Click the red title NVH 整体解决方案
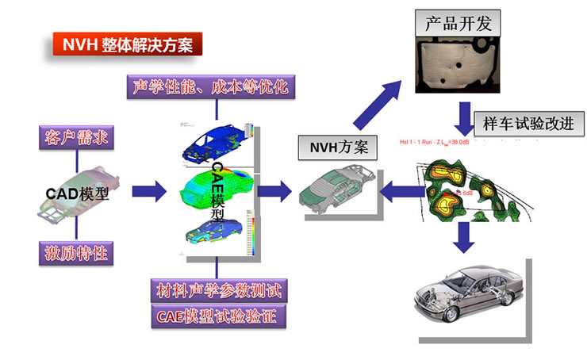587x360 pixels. click(x=128, y=42)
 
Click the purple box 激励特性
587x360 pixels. click(x=73, y=254)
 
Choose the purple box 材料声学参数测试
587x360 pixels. click(x=218, y=290)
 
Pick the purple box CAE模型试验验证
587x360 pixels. click(x=218, y=316)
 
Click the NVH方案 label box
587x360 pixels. click(x=332, y=147)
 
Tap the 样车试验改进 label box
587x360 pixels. click(x=528, y=124)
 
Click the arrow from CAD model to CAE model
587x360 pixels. click(x=148, y=190)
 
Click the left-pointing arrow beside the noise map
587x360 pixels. click(x=401, y=191)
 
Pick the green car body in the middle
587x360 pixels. click(x=214, y=189)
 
